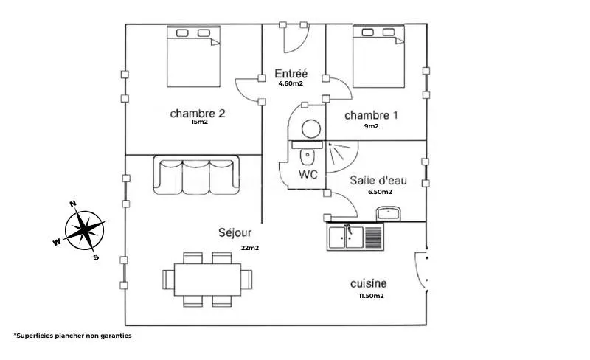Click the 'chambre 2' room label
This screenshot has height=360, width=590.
[198, 114]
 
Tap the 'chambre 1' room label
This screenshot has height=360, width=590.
[371, 115]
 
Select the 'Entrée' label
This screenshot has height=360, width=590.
[291, 73]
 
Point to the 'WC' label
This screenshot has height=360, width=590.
[308, 174]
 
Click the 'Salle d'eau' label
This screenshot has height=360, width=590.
[378, 181]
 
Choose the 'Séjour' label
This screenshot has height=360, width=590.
[235, 232]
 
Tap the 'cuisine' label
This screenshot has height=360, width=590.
[368, 283]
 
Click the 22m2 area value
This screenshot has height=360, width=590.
[250, 248]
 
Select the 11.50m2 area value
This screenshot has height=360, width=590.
[372, 296]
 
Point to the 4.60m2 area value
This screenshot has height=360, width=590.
[291, 83]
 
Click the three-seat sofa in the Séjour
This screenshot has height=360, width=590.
[196, 175]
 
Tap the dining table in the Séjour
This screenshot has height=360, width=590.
[207, 280]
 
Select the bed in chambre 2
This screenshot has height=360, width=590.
[193, 56]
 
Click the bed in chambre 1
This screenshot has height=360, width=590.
[378, 56]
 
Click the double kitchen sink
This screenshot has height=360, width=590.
[355, 237]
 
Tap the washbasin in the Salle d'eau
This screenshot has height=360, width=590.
[389, 214]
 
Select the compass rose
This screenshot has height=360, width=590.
[83, 230]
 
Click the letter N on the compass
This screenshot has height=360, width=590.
[73, 204]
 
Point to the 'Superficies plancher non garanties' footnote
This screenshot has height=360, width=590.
[73, 336]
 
